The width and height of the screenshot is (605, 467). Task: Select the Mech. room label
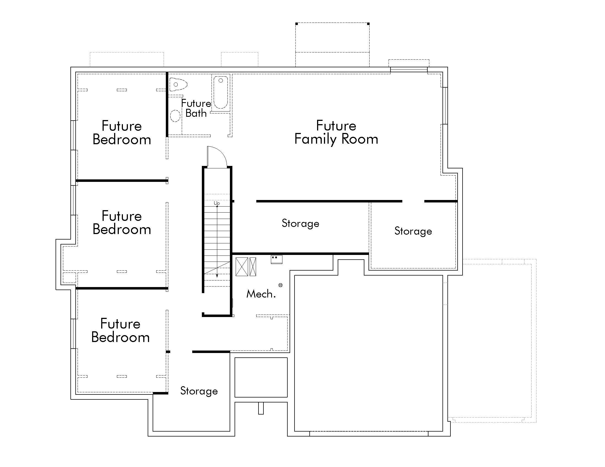[x=261, y=294]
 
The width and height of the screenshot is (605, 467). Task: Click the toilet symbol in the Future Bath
[x=178, y=84]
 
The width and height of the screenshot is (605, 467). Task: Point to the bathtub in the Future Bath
[x=221, y=92]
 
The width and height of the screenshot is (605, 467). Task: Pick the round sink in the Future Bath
[x=175, y=116]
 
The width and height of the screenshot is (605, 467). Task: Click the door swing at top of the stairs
[x=217, y=157]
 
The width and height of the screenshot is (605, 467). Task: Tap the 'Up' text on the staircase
[x=217, y=203]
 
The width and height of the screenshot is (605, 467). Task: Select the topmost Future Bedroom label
[x=122, y=132]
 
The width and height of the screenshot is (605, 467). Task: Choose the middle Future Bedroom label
[x=122, y=223]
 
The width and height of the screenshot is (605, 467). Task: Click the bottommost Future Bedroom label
[x=120, y=330]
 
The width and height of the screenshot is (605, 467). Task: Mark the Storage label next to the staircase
[x=300, y=223]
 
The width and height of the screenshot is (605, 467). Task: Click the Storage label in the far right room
[x=413, y=231]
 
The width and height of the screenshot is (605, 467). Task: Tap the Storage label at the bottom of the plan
[x=199, y=391]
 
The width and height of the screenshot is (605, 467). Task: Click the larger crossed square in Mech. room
[x=241, y=267]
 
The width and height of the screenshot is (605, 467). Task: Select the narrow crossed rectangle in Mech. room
[x=253, y=267]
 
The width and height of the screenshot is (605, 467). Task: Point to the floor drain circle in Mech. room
[x=280, y=285]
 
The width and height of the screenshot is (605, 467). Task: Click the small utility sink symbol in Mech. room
[x=276, y=259]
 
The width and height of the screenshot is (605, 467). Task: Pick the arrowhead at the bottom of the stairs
[x=217, y=276]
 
